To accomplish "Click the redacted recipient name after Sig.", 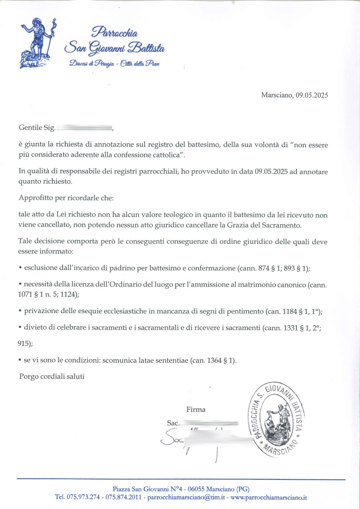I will (x=85, y=128).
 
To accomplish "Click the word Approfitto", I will (x=35, y=198).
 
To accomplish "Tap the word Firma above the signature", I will (x=196, y=409).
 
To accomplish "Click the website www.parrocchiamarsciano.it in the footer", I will (x=269, y=497).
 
